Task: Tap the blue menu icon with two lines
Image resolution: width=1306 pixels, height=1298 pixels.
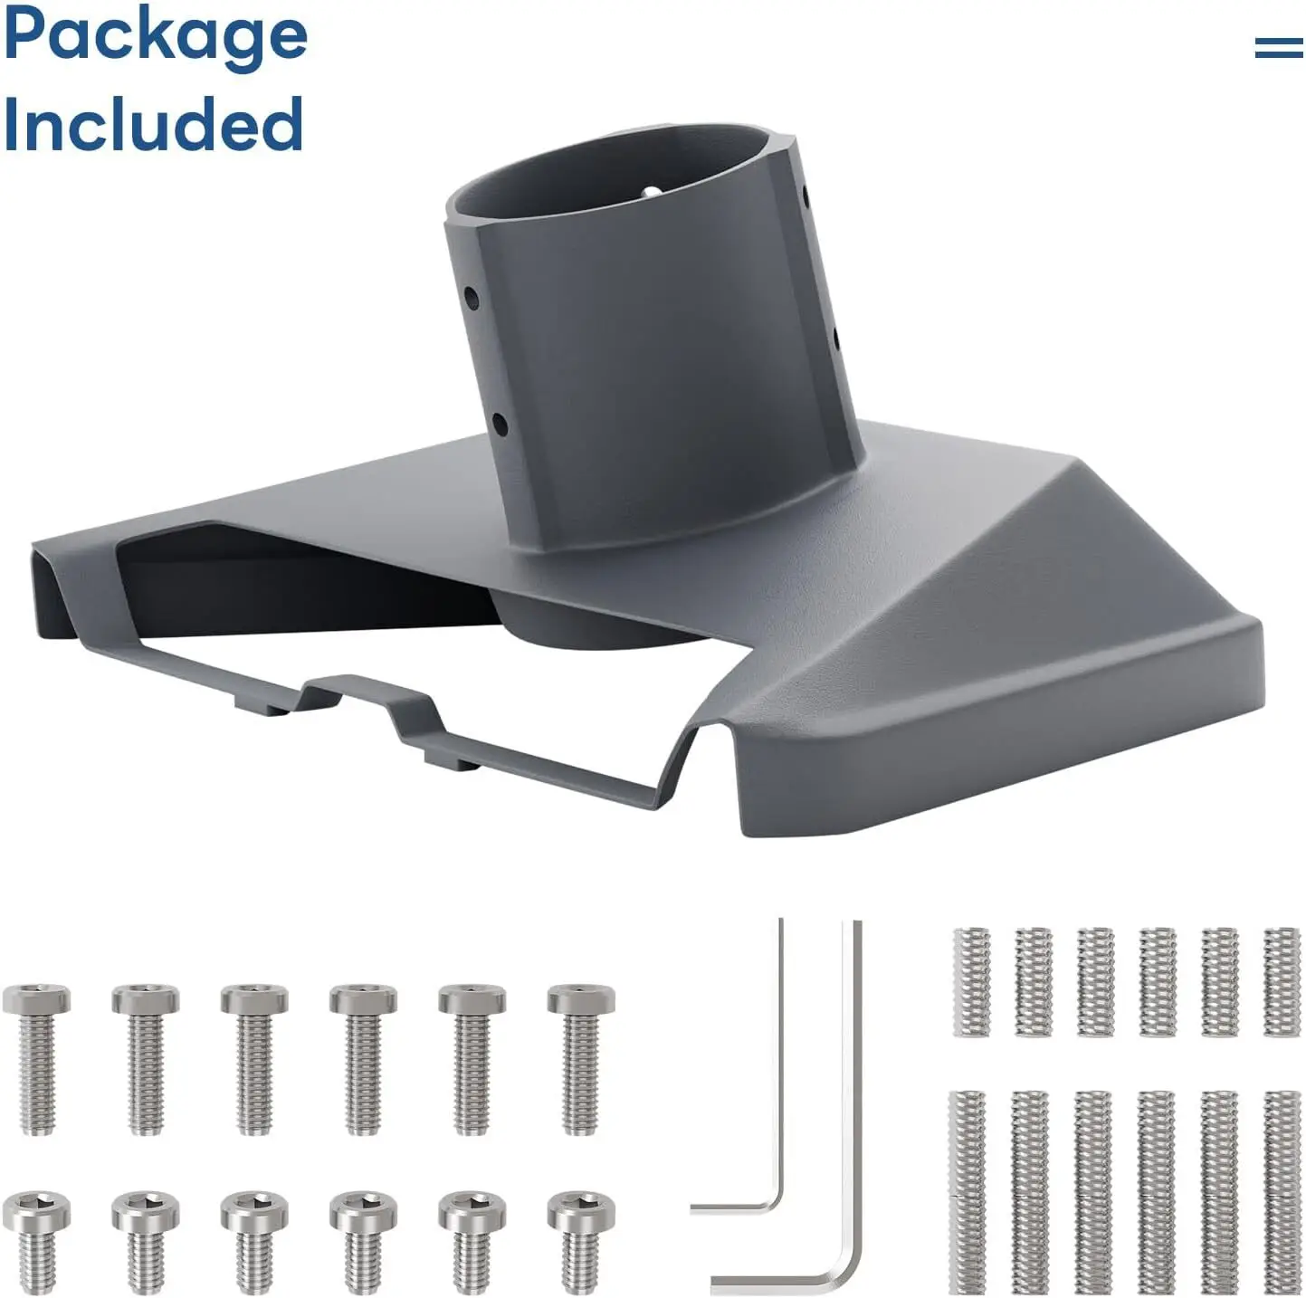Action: click(x=1278, y=47)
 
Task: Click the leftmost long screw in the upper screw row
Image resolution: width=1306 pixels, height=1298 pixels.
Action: click(x=36, y=1058)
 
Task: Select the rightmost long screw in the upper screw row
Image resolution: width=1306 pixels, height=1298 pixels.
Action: click(x=581, y=1058)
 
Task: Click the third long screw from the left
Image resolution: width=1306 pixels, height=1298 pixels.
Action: click(x=254, y=1058)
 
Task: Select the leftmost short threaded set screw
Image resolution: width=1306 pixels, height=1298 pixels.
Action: click(x=971, y=981)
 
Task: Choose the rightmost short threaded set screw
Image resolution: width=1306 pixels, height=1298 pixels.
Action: click(x=1282, y=981)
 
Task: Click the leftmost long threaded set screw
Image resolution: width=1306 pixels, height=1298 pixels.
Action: click(x=968, y=1191)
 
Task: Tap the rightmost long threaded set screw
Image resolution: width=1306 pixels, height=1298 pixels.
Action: click(x=1282, y=1191)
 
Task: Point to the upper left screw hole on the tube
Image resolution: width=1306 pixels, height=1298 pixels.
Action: click(x=472, y=296)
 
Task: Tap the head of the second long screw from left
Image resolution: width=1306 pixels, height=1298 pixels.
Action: click(x=146, y=999)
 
